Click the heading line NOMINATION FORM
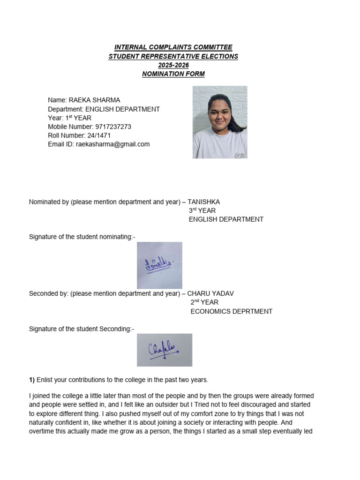coord(173,74)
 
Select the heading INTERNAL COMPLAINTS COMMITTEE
coord(173,47)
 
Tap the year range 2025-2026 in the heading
coord(173,65)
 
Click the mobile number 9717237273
coord(113,127)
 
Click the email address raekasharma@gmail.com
coord(112,144)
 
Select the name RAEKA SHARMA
coord(94,100)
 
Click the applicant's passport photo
coord(220,122)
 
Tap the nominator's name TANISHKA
coord(204,202)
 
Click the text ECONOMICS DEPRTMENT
coord(232,311)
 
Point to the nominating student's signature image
coord(159,265)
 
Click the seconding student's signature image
coord(165,350)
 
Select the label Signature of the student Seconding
coord(81,329)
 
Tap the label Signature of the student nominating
coord(81,237)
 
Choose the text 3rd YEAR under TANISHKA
coord(202,210)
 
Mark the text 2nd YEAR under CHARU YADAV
coord(204,302)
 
